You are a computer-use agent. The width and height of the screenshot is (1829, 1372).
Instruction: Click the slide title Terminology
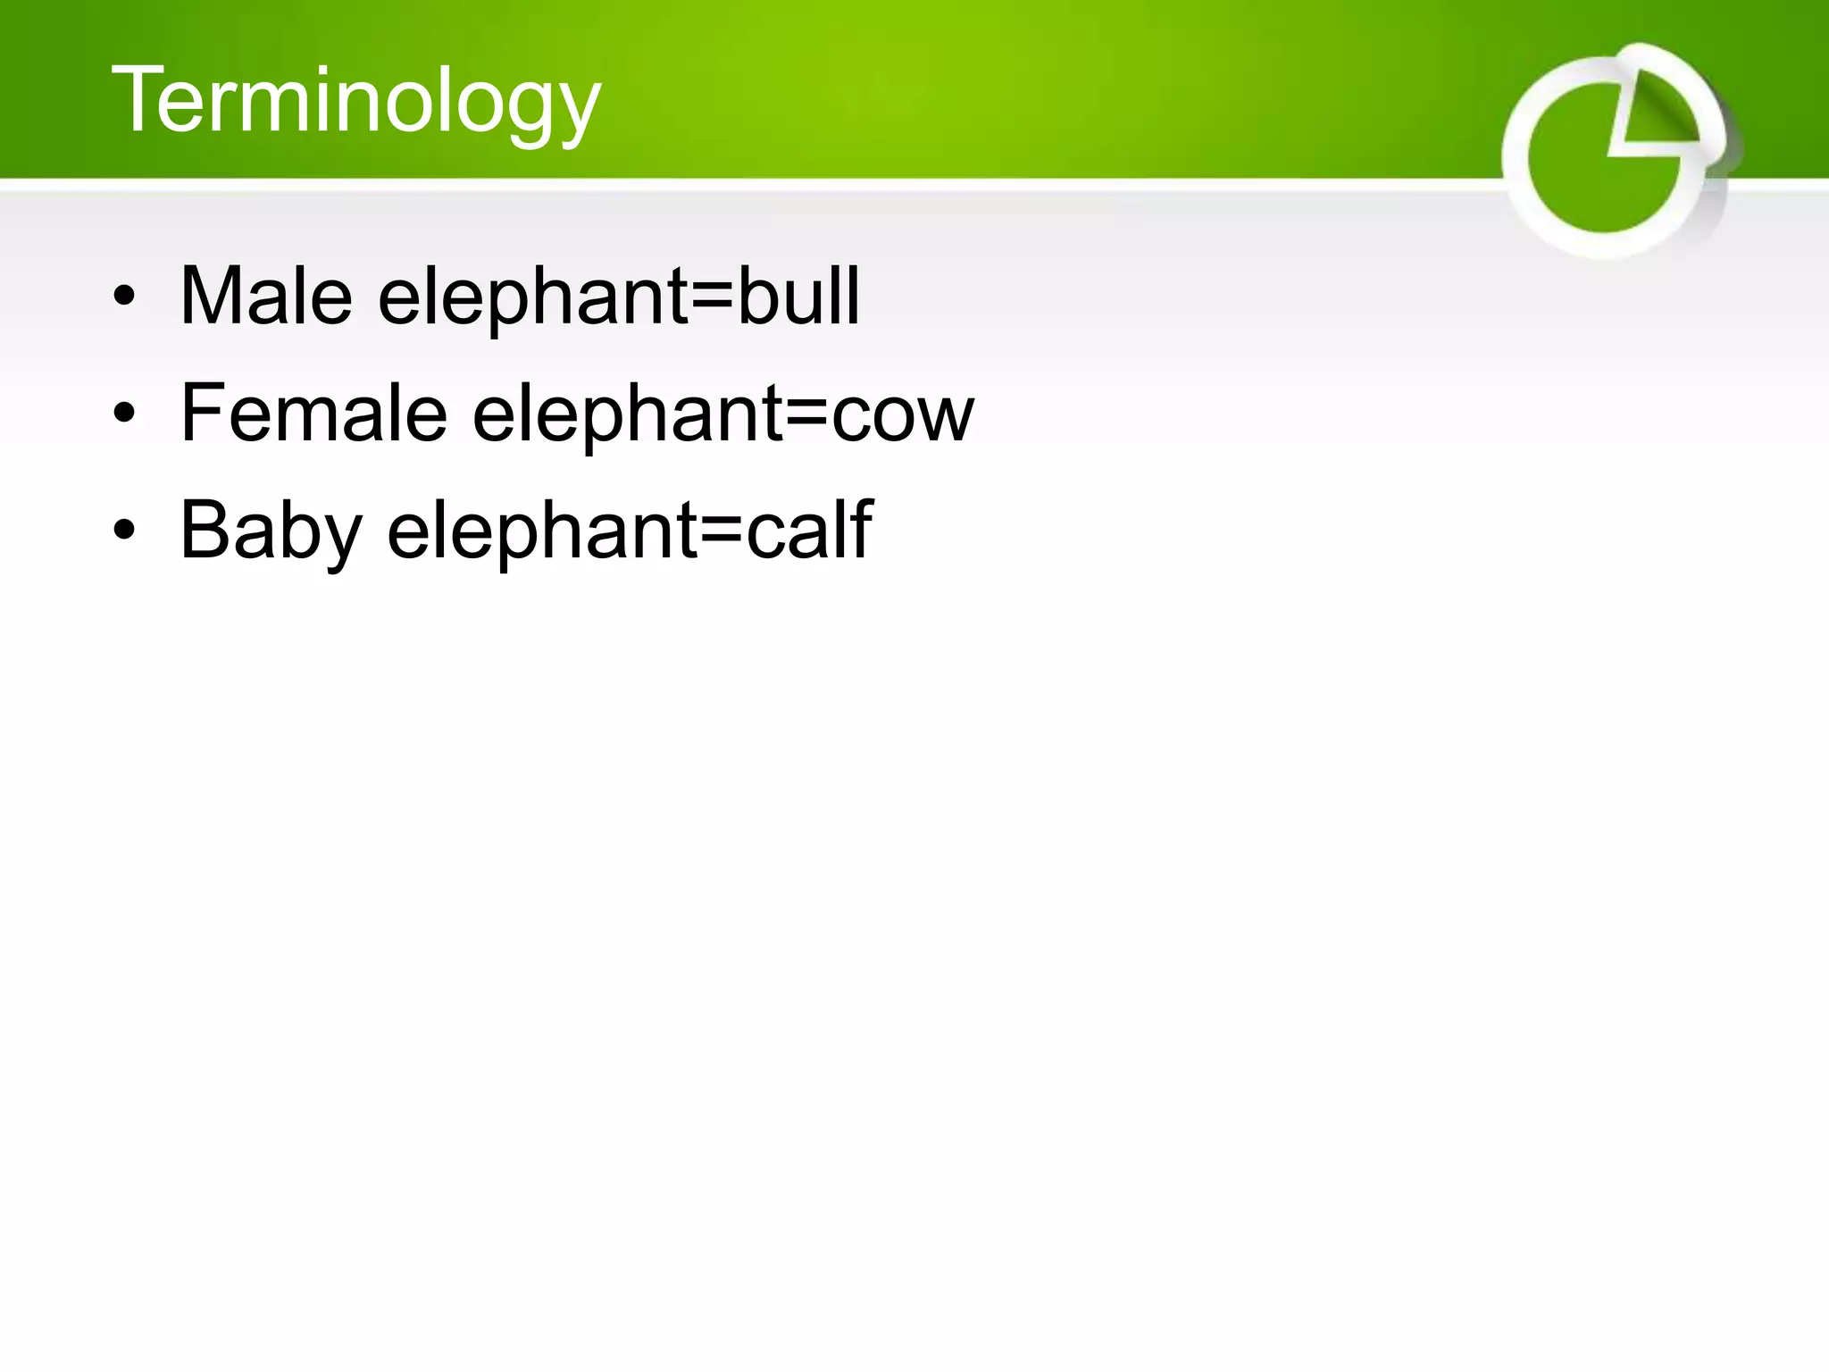pyautogui.click(x=355, y=101)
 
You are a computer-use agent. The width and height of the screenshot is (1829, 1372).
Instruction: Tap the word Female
pyautogui.click(x=313, y=413)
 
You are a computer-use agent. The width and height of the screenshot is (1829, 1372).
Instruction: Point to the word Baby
pyautogui.click(x=271, y=531)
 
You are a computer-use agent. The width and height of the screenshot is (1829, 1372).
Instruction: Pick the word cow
pyautogui.click(x=902, y=414)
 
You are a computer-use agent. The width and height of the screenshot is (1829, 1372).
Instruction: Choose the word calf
pyautogui.click(x=808, y=530)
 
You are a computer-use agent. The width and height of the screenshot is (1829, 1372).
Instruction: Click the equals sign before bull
pyautogui.click(x=713, y=298)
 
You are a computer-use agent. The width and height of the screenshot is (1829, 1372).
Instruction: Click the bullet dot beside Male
pyautogui.click(x=124, y=297)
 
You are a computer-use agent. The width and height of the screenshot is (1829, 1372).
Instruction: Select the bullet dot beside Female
pyautogui.click(x=124, y=414)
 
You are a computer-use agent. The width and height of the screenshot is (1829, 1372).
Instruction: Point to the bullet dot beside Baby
pyautogui.click(x=124, y=531)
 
